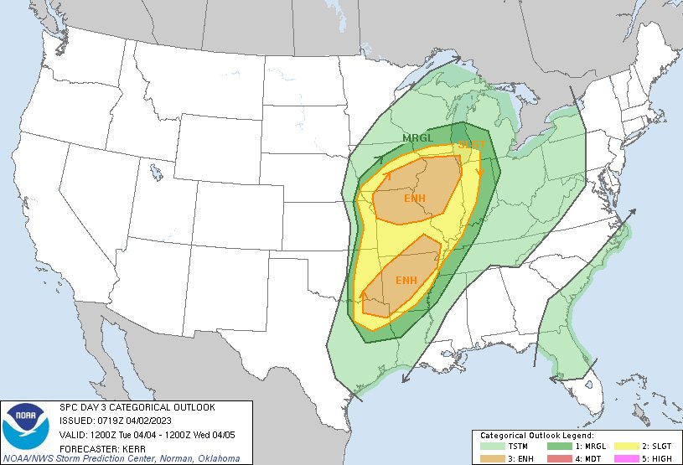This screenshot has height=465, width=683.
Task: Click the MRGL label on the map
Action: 417,138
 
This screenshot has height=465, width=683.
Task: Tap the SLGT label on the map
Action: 471,145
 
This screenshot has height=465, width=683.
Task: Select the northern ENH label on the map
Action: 415,199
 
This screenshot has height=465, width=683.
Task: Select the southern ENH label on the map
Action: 406,280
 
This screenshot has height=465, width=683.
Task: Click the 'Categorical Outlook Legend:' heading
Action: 536,437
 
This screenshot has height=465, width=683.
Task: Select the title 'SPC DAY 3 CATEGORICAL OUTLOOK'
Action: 137,407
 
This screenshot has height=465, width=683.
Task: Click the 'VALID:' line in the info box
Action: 151,434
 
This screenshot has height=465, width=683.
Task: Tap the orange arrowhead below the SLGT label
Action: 480,173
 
